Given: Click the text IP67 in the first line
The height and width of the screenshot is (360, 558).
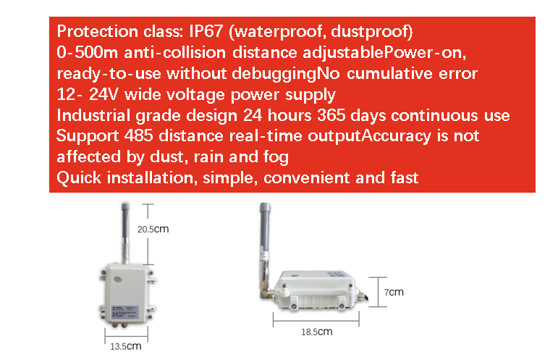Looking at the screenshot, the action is [206, 31].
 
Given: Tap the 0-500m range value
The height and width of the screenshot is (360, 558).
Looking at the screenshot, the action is [87, 52].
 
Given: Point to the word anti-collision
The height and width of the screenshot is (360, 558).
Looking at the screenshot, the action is [174, 52].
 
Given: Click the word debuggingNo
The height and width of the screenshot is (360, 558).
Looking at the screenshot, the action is [286, 74].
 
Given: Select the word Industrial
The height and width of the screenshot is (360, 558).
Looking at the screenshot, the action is [93, 115].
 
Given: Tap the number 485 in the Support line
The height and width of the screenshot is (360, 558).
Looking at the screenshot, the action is [139, 136].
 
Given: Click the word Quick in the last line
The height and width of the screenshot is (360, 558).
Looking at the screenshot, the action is [79, 177].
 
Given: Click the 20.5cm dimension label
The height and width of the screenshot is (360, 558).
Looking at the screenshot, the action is [153, 229].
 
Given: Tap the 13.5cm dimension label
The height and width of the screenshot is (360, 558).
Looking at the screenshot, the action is [126, 346].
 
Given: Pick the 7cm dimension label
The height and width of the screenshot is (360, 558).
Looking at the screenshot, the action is [394, 292].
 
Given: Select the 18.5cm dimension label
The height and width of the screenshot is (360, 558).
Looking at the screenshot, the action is [317, 332].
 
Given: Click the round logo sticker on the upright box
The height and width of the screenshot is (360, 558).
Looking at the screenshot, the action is [118, 279].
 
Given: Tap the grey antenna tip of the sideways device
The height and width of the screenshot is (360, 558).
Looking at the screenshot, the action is [265, 210].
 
